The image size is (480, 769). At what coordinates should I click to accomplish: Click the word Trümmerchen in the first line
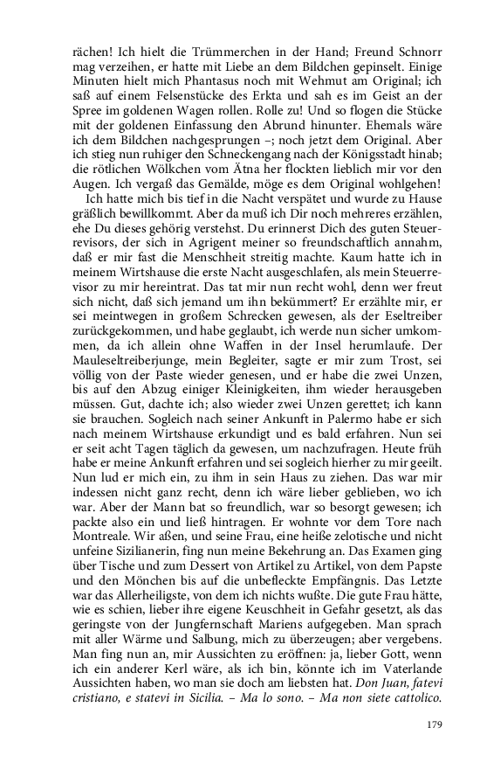click(x=195, y=51)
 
